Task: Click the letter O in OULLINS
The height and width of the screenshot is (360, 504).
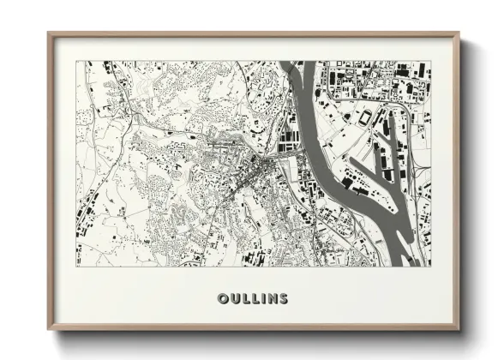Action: [223, 299]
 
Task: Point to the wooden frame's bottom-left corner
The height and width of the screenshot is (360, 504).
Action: [49, 329]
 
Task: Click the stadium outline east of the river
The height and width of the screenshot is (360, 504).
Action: [366, 117]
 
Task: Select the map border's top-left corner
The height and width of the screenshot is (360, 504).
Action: [76, 61]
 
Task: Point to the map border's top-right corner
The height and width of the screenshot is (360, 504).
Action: [431, 61]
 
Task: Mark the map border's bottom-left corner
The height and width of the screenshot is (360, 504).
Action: [76, 266]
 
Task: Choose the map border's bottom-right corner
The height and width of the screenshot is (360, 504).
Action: [431, 266]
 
